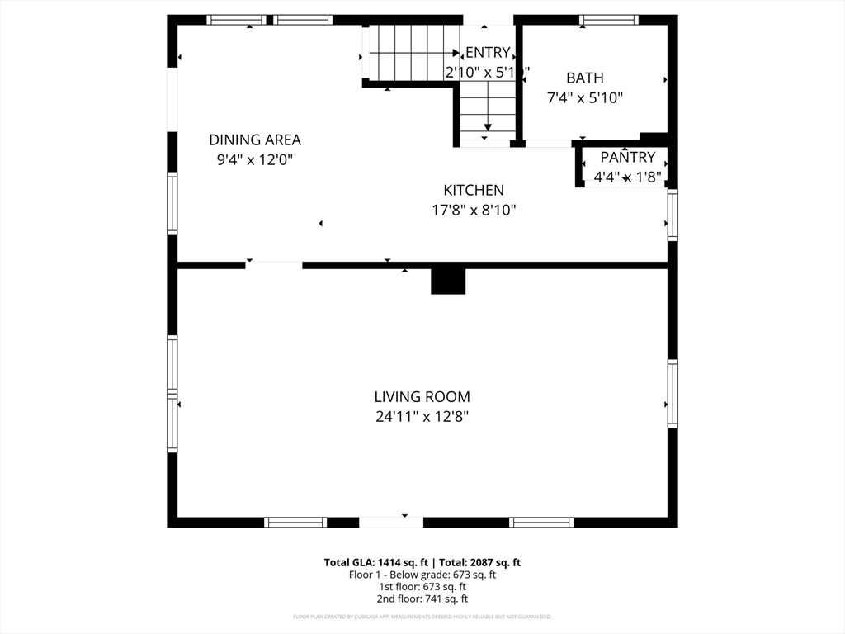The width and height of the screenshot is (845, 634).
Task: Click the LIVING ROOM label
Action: [422, 397]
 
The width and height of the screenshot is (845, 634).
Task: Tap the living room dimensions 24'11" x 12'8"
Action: [422, 417]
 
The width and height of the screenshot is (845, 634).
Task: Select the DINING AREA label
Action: [254, 140]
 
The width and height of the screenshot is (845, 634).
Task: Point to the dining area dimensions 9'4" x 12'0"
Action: [254, 159]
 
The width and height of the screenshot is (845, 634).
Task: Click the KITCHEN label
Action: [474, 190]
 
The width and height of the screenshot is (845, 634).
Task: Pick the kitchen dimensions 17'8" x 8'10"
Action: [474, 210]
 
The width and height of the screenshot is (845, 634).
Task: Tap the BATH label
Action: [584, 78]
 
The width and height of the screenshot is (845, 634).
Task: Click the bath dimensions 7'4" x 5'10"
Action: [584, 97]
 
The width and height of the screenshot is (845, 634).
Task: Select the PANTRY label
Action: [627, 157]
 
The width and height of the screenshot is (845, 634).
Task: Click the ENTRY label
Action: [488, 53]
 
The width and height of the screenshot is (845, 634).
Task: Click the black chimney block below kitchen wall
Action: [448, 282]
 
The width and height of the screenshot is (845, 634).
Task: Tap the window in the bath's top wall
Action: [609, 20]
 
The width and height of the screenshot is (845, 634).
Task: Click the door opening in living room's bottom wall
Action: [391, 522]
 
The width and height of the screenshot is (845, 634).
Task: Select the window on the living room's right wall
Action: [673, 394]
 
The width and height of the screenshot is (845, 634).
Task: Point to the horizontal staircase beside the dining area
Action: [407, 51]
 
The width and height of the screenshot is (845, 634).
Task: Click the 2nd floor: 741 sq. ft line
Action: [422, 599]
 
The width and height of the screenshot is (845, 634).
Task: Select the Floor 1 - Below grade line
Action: [422, 575]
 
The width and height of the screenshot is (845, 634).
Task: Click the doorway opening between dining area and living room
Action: [273, 265]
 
